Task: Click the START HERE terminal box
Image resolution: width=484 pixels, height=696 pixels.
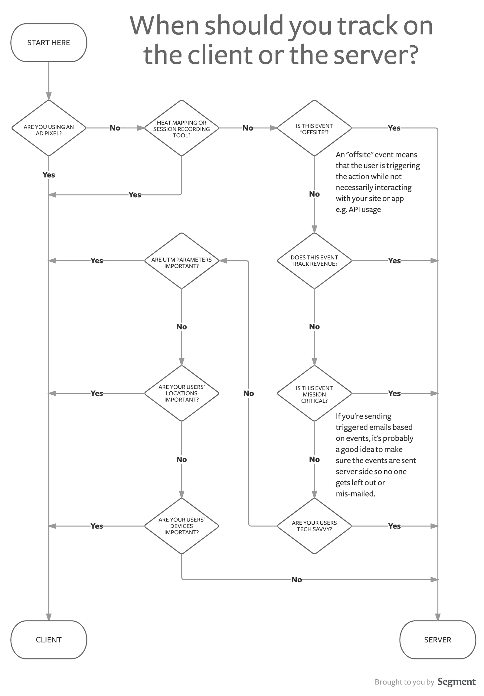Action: [48, 43]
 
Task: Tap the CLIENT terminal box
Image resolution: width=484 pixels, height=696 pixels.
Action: [48, 640]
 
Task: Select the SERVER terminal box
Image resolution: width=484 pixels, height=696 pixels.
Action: [437, 640]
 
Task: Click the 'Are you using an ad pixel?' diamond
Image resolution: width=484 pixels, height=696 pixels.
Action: [48, 128]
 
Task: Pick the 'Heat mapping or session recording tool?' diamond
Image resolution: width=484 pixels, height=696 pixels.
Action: [181, 128]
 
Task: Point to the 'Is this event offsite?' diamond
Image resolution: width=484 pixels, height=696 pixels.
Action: [314, 128]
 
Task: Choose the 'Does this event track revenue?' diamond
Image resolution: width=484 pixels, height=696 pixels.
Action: [314, 261]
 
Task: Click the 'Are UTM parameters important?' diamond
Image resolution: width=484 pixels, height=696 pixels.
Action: [181, 261]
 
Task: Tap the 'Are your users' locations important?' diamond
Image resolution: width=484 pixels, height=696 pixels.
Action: [181, 393]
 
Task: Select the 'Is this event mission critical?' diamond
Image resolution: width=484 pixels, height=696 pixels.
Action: [314, 393]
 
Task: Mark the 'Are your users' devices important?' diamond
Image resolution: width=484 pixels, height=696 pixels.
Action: [181, 526]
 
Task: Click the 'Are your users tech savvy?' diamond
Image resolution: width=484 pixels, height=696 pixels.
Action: [314, 526]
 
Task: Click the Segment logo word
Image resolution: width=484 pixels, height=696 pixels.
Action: [456, 681]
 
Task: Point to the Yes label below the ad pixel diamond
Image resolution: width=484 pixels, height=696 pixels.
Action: [48, 175]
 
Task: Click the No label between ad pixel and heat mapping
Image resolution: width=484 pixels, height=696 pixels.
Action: [115, 128]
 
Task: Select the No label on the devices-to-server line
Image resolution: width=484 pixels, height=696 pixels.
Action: [296, 580]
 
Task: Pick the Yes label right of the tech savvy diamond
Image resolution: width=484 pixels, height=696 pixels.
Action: [394, 526]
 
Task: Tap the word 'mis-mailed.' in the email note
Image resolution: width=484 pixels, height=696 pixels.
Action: [355, 494]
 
